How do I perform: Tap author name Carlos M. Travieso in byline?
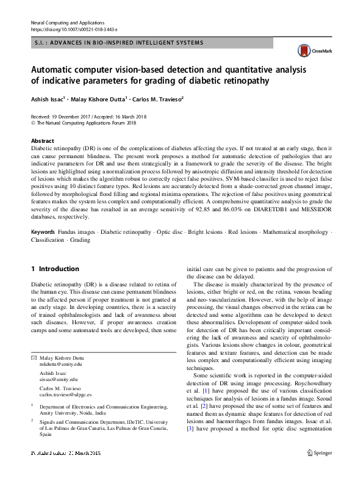tap(158, 98)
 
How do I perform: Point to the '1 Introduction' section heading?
tap(55, 269)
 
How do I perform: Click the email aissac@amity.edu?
tap(56, 379)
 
